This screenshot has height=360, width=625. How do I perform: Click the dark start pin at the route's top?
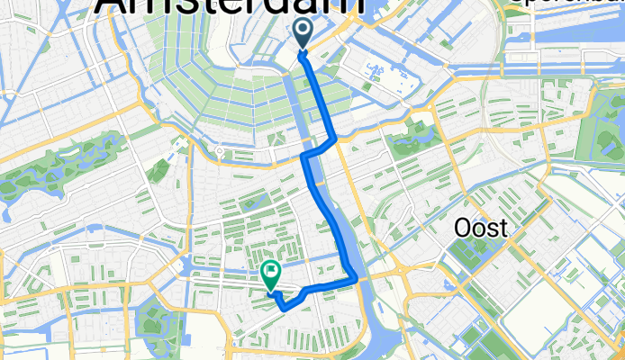click(302, 34)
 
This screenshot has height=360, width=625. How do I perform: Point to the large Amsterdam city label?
click(230, 7)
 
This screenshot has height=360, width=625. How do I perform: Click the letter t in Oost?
click(501, 229)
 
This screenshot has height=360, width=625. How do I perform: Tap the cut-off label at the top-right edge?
click(567, 4)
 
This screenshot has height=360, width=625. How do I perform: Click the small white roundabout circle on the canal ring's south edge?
click(220, 153)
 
